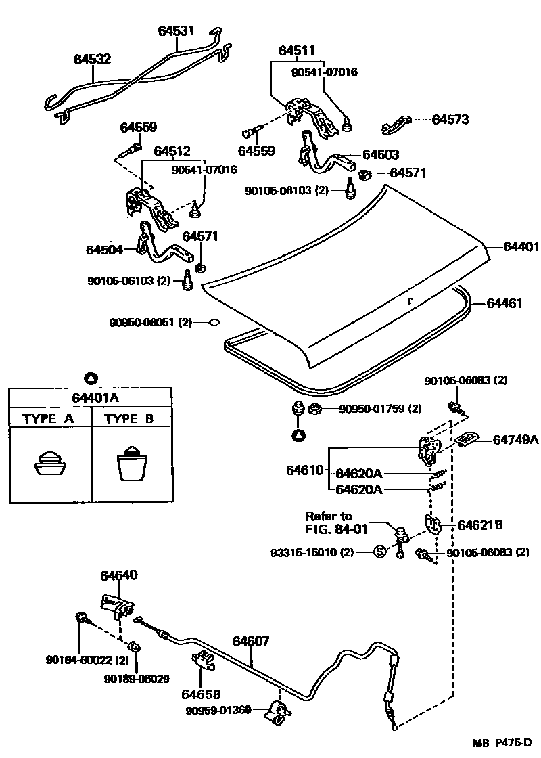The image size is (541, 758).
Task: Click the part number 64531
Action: [x=176, y=31]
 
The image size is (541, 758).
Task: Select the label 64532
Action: [x=92, y=59]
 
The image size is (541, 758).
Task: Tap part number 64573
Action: [x=450, y=119]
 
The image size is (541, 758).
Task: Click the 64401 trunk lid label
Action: [x=521, y=246]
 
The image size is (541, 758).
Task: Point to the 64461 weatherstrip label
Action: [x=504, y=303]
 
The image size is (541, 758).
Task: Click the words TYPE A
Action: [x=48, y=419]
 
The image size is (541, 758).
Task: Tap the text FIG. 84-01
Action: [x=337, y=529]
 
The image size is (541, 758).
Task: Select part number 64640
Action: [x=119, y=575]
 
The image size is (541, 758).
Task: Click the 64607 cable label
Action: [x=251, y=641]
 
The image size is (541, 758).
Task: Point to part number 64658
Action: [x=201, y=694]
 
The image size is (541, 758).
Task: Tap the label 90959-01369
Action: [x=218, y=710]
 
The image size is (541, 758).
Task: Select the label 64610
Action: [x=304, y=470]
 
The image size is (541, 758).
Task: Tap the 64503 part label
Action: [x=381, y=155]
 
